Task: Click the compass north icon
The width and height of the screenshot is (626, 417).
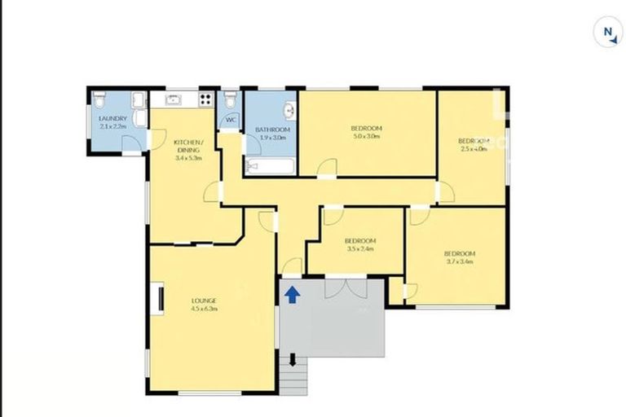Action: point(607,33)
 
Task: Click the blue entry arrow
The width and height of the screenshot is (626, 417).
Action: point(291,293)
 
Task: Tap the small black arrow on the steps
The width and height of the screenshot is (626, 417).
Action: point(291,359)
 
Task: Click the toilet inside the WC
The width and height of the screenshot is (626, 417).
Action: point(231,99)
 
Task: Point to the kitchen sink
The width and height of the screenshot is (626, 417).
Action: point(174,99)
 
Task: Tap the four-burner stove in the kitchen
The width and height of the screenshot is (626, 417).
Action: point(204,99)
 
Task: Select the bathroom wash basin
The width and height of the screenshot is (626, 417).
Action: point(288,111)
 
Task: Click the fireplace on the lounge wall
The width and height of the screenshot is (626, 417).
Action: point(161,298)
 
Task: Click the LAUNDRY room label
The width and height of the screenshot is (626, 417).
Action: point(112,119)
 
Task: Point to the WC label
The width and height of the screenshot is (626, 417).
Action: point(231,121)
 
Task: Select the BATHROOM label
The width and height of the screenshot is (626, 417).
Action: point(272,129)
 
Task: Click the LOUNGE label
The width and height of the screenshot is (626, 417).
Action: point(205,301)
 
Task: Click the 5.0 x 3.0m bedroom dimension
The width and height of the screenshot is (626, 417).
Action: point(366,137)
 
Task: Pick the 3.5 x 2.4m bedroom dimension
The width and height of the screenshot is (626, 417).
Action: point(359,249)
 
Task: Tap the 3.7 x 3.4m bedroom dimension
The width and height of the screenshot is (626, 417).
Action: point(460,262)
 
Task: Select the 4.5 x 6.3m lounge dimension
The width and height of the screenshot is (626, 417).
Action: point(205,309)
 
